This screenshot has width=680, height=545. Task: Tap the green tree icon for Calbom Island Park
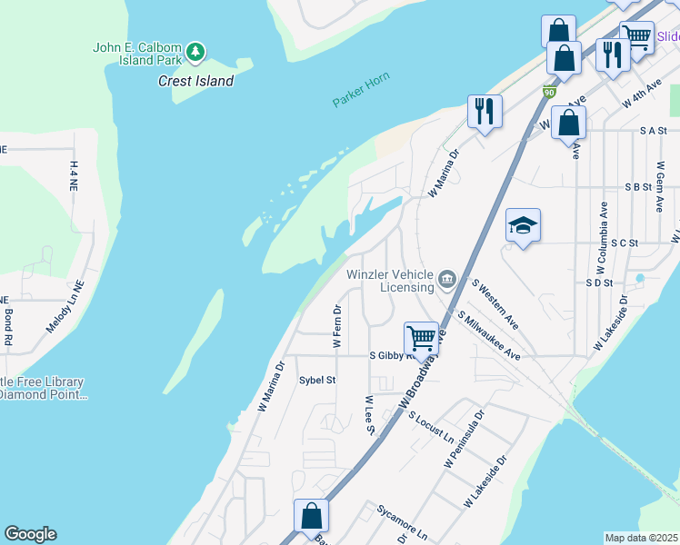click(195, 53)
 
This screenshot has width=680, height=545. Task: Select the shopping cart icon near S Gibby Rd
click(421, 338)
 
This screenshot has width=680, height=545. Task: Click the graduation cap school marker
click(523, 224)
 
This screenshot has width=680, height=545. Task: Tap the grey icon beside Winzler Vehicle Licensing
click(446, 279)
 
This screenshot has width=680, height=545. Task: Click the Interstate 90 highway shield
click(548, 92)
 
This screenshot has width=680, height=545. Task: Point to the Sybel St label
click(317, 381)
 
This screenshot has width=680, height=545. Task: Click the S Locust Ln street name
click(430, 428)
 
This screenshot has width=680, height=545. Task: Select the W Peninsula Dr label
click(465, 439)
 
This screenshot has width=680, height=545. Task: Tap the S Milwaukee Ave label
click(488, 336)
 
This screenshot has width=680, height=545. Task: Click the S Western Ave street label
click(495, 304)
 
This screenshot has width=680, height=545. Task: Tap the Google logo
click(30, 534)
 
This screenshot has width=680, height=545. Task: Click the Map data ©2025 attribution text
click(641, 538)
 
